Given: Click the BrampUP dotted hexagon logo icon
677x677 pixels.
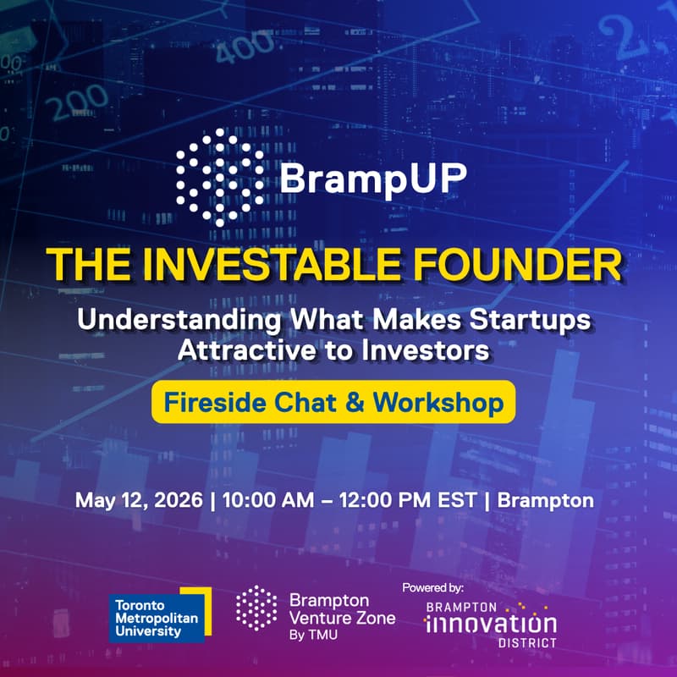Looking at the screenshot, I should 219,176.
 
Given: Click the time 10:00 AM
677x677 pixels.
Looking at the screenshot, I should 267,499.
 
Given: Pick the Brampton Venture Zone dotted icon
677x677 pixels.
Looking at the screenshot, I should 256,608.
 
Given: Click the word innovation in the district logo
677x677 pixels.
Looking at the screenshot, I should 490,625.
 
